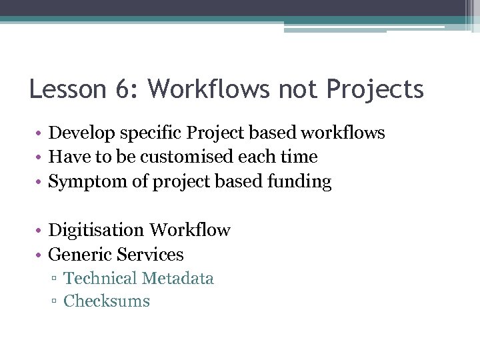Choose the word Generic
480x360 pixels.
pyautogui.click(x=80, y=255)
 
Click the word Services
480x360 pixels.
pyautogui.click(x=150, y=255)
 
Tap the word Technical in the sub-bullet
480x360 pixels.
pyautogui.click(x=100, y=279)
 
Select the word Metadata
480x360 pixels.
pyautogui.click(x=178, y=279)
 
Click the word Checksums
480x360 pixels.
pyautogui.click(x=107, y=301)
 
